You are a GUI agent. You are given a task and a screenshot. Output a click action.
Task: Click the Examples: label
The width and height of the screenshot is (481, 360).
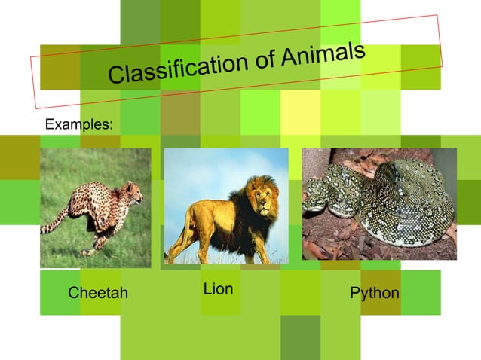[80, 123]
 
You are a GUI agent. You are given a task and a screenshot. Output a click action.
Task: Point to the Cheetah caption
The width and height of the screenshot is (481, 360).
[98, 293]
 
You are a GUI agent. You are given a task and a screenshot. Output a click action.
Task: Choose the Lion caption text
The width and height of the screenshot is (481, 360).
[218, 289]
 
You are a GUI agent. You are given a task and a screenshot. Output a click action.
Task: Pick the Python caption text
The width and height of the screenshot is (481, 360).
[375, 293]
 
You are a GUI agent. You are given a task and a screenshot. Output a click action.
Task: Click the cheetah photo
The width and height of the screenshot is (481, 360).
[95, 208]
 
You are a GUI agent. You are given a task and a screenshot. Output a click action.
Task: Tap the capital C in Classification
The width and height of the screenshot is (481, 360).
[116, 75]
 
